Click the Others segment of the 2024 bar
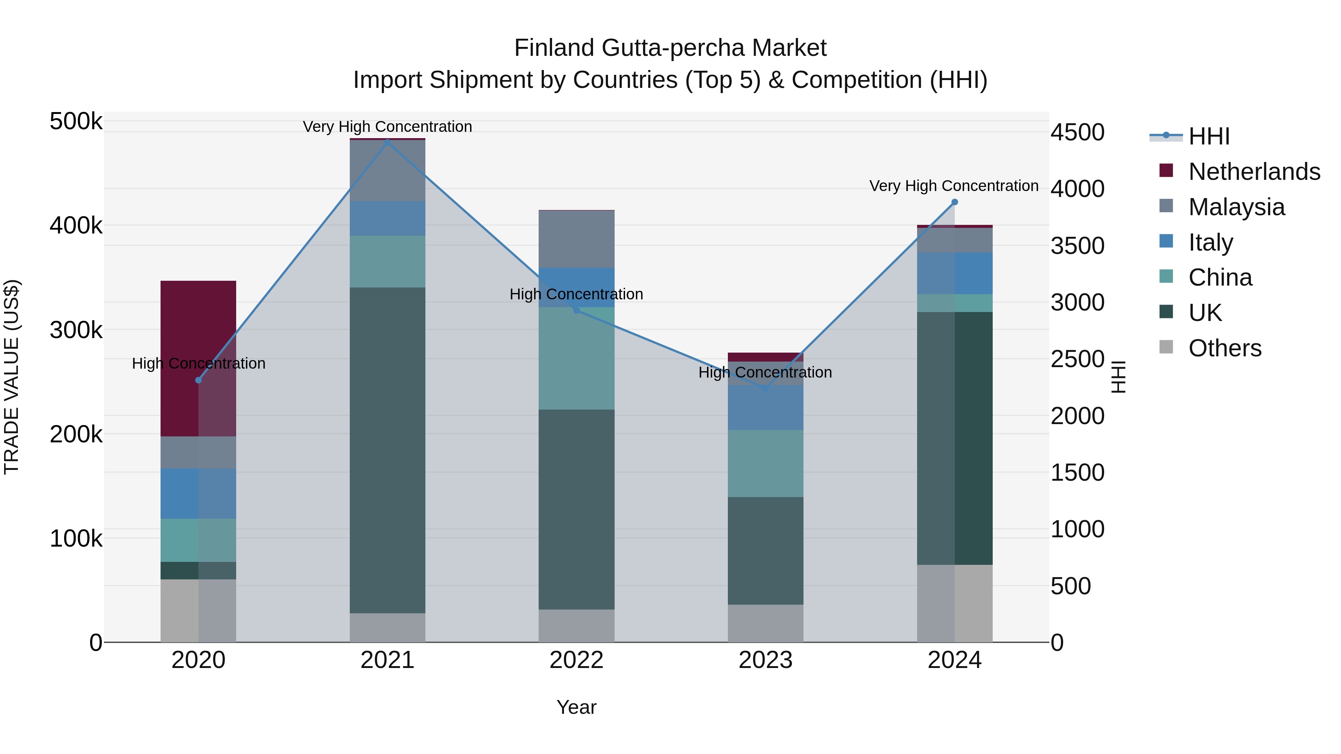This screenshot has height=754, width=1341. (x=955, y=603)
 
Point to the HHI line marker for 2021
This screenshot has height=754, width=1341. (x=387, y=141)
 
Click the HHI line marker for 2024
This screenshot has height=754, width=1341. (x=954, y=202)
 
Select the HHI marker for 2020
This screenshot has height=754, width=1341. (x=198, y=380)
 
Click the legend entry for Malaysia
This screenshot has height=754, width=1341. (x=1236, y=207)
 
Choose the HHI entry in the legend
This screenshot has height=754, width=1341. (x=1209, y=136)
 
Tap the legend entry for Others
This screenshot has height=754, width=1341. (x=1224, y=348)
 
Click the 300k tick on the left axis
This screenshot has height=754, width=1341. (x=76, y=330)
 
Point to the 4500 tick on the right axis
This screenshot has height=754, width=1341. (x=1077, y=132)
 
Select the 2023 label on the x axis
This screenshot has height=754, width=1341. (x=765, y=660)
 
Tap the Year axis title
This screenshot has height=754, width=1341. (x=576, y=707)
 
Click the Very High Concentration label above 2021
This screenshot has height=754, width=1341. (x=387, y=127)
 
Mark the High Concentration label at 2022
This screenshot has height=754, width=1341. (x=576, y=294)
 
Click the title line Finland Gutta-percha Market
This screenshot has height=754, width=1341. (x=670, y=48)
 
